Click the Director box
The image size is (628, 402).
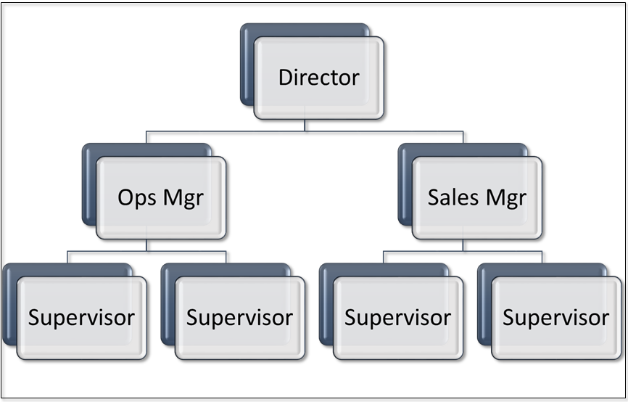319,78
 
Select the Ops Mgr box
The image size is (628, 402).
161,198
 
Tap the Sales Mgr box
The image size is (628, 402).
477,198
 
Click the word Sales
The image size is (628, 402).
453,197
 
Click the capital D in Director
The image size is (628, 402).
285,78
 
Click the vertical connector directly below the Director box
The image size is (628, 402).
305,126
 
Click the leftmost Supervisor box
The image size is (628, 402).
81,318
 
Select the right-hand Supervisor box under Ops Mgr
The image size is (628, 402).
240,318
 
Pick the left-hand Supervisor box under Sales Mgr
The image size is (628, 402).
398,318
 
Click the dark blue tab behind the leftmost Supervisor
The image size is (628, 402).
9,305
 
